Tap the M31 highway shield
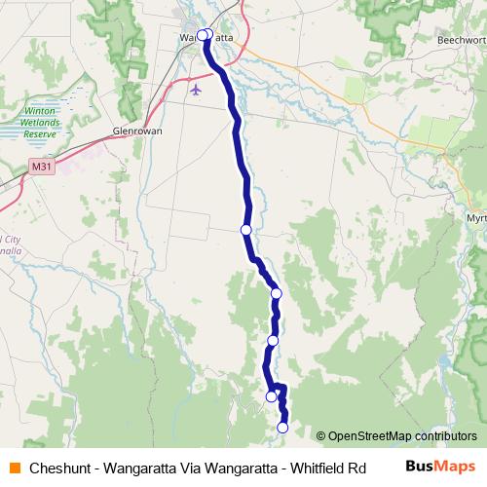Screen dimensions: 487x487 tap(41, 168)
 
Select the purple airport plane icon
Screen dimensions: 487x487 tap(197, 91)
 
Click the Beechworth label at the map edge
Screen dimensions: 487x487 tap(462, 41)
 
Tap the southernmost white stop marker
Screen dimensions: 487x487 tap(283, 427)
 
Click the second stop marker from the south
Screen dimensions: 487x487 tap(272, 396)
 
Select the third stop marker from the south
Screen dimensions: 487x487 tap(274, 340)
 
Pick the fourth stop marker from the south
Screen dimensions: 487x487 tap(277, 293)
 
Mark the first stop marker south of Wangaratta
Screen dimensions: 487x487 tap(245, 230)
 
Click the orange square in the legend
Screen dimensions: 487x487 tap(15, 467)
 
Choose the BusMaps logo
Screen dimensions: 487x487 tap(439, 466)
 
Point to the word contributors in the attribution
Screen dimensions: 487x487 tap(445, 436)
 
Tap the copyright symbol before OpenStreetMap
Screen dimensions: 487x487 tap(320, 436)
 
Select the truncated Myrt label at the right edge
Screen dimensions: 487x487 tap(476, 217)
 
